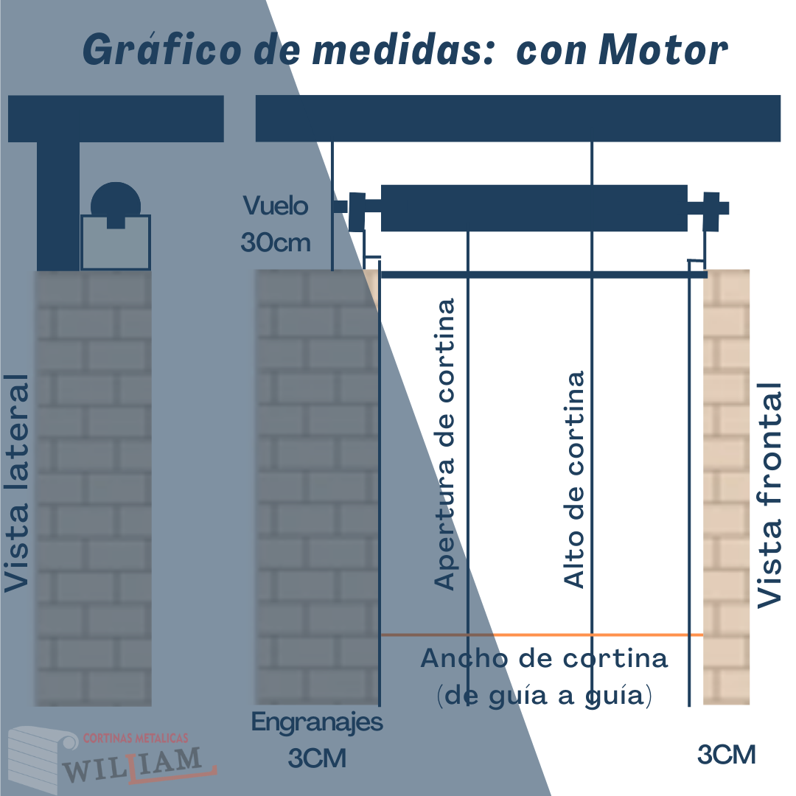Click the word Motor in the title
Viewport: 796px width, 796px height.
[663, 50]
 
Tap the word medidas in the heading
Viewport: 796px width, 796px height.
[404, 50]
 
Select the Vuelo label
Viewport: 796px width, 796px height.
[276, 206]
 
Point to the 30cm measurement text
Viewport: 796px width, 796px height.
[276, 242]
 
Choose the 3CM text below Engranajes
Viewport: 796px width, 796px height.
[317, 758]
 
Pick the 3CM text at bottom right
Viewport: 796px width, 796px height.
[727, 755]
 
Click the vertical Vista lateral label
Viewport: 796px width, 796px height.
[17, 483]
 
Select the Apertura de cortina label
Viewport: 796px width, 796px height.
[444, 444]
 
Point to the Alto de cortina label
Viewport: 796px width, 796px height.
[575, 480]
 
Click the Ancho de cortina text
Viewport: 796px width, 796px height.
[544, 658]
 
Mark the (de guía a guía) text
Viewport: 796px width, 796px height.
[544, 696]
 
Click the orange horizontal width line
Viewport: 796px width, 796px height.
[542, 635]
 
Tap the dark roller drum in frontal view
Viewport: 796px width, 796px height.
[534, 208]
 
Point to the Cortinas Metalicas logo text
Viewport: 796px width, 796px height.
[136, 738]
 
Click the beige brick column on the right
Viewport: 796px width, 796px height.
[727, 487]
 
